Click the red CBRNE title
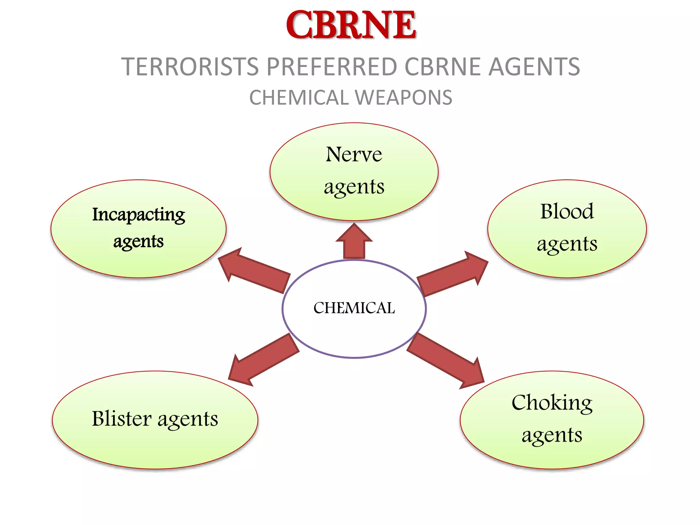coord(351,25)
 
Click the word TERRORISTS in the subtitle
coord(190,67)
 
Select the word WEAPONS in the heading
coord(404,98)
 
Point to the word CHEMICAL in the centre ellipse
coord(354,308)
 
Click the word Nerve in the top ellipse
coord(354,154)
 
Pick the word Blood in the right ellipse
coord(567,211)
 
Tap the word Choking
coord(552,403)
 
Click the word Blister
coord(122,418)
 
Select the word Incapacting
coord(138,215)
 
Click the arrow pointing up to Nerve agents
coord(354,242)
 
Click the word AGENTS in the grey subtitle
coord(534,67)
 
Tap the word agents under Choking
coord(552,435)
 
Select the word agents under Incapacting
coord(138,241)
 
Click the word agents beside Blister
coord(188,419)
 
